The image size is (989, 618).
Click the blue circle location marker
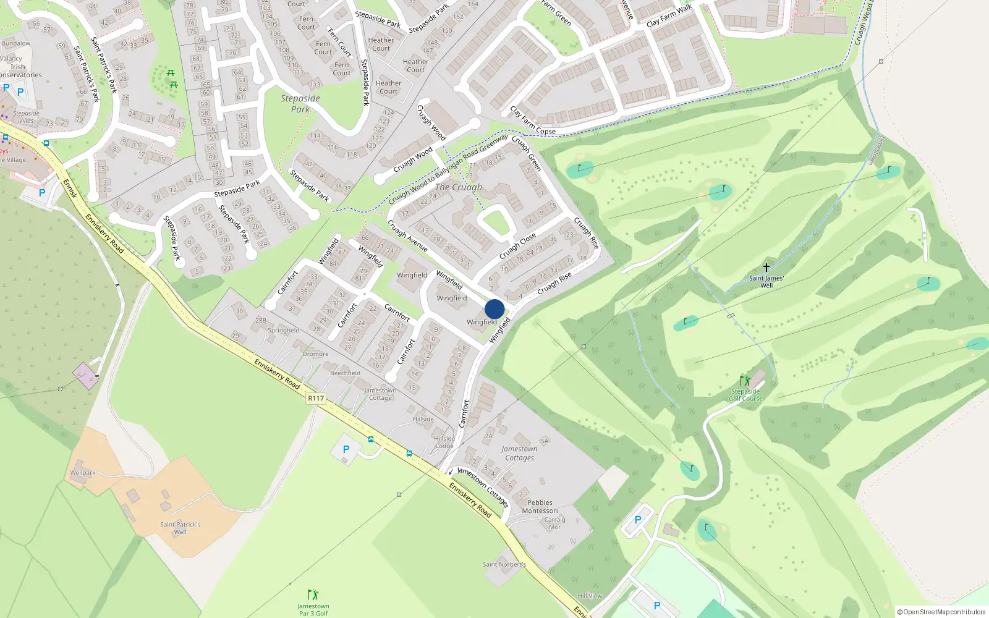coord(494,309)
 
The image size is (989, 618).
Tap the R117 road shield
coord(316,399)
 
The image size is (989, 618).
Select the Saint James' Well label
coord(766,282)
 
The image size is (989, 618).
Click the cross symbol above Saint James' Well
coord(766,268)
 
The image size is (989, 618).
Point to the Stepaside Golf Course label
coord(745,395)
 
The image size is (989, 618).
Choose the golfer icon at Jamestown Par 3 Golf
coord(313,595)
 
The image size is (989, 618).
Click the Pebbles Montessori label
coord(540,507)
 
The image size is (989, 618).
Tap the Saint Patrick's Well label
coord(180,528)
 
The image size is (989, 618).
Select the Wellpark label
coord(83,473)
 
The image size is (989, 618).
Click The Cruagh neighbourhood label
coord(459,187)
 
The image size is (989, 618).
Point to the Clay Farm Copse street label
coord(533,121)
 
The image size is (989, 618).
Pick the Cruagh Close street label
coord(517,247)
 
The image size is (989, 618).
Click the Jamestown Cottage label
coord(380,394)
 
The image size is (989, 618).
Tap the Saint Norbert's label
coord(504,564)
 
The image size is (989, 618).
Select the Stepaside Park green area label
coord(300,104)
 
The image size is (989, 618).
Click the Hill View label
coord(590,596)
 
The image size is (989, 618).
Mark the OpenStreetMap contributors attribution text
coord(941,612)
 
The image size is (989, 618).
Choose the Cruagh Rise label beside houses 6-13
coord(554,284)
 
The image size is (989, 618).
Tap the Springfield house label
coord(284,331)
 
